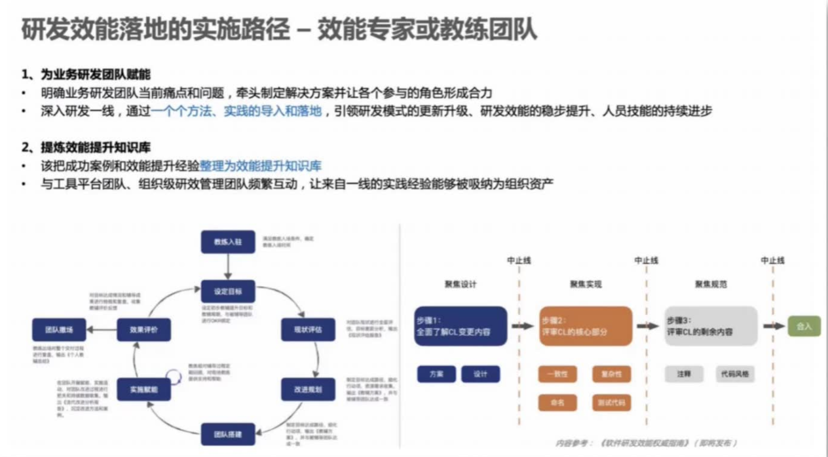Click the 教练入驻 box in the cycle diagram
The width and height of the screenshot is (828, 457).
coord(227,242)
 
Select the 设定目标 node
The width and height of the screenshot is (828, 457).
coord(227,291)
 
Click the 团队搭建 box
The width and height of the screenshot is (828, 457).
coord(227,433)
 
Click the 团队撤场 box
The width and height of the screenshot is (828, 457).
coord(59,329)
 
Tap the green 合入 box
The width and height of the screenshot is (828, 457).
coord(804,325)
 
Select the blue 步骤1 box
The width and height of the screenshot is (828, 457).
coord(461,326)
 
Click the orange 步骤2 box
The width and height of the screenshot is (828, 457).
coord(586,326)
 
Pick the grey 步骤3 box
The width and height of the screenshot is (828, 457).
coord(711,326)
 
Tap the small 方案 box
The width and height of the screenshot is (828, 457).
coord(436,374)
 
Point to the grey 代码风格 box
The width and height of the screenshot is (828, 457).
coord(735,374)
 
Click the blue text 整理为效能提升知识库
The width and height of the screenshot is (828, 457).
coord(260,166)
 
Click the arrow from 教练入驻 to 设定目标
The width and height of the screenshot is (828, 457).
coord(227,266)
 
